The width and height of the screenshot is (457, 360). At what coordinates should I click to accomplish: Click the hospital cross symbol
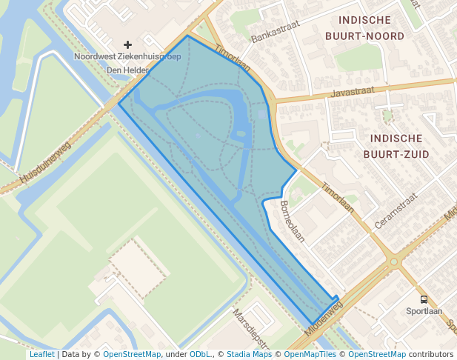127,45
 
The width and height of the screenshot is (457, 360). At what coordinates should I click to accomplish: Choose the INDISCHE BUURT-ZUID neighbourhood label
393,146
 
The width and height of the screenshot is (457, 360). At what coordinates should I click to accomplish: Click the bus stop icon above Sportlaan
424,299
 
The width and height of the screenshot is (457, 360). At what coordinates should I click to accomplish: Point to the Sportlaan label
424,311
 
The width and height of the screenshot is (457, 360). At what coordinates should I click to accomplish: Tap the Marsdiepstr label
250,327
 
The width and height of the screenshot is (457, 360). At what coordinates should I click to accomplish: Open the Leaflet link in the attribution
41,354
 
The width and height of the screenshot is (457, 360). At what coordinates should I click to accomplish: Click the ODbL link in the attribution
200,354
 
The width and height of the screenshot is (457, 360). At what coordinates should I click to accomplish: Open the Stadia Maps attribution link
249,354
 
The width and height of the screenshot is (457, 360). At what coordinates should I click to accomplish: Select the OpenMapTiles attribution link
307,354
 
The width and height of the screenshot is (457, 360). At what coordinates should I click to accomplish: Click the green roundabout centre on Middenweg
394,261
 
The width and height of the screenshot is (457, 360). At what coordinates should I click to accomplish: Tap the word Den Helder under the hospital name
127,70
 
